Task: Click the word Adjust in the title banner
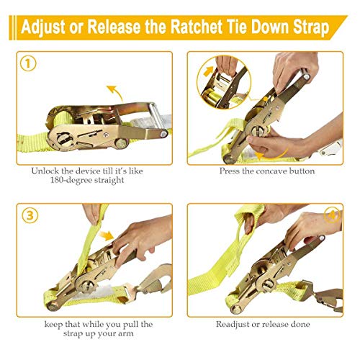click(46, 29)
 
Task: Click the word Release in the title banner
click(118, 29)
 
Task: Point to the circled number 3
click(27, 215)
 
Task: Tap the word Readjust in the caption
click(241, 324)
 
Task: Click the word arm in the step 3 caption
click(138, 333)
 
